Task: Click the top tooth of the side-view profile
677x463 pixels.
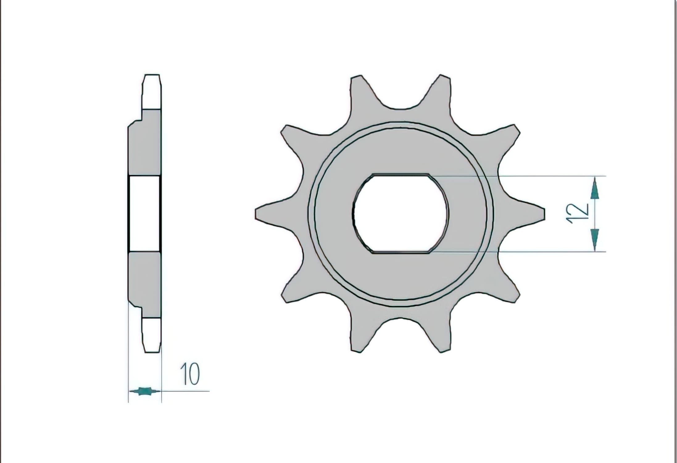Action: coord(152,91)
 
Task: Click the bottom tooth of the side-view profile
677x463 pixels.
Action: coord(152,336)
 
